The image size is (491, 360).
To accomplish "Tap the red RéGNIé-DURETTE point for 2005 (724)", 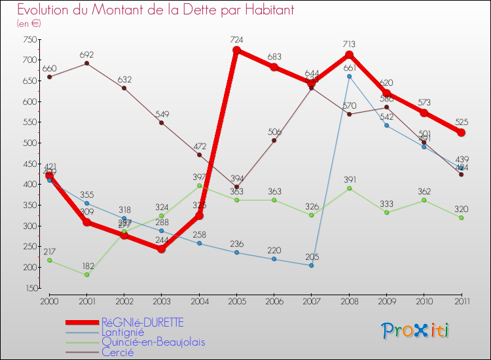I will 236,50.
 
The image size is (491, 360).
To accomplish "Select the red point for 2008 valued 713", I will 349,55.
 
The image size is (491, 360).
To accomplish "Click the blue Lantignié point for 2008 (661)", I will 349,77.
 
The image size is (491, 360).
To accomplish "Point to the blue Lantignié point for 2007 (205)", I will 312,265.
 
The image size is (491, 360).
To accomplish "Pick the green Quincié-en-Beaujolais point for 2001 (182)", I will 86,275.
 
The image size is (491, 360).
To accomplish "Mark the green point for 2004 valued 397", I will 199,186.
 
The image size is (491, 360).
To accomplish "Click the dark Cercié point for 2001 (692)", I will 86,63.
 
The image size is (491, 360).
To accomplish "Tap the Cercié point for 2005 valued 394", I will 236,187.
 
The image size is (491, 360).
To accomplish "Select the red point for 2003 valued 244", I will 161,249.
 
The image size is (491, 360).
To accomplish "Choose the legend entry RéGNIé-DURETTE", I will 142,322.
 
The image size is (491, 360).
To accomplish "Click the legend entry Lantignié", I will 124,332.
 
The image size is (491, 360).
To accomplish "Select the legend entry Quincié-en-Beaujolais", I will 153,342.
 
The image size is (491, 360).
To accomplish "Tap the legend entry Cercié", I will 117,351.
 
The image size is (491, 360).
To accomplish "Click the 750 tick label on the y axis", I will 28,39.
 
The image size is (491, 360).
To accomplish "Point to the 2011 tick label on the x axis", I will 462,301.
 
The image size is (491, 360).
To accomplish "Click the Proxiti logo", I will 416,331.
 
